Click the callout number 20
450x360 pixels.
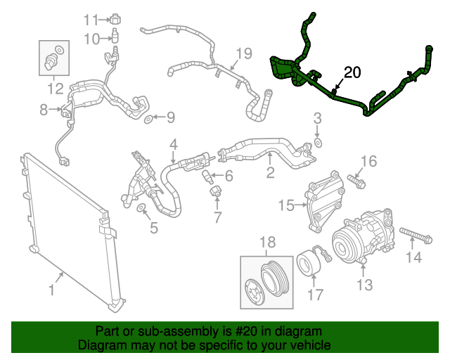point(352,72)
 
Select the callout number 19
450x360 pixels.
point(243,53)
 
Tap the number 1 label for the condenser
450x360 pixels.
point(51,290)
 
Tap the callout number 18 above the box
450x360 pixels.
point(268,242)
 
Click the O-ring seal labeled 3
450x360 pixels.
point(317,143)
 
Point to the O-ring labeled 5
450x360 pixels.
point(141,207)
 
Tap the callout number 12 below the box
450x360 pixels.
point(55,89)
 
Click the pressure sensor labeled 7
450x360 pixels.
point(215,190)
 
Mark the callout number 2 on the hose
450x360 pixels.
point(269,171)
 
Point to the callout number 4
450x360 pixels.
point(172,146)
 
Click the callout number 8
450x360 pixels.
point(44,110)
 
